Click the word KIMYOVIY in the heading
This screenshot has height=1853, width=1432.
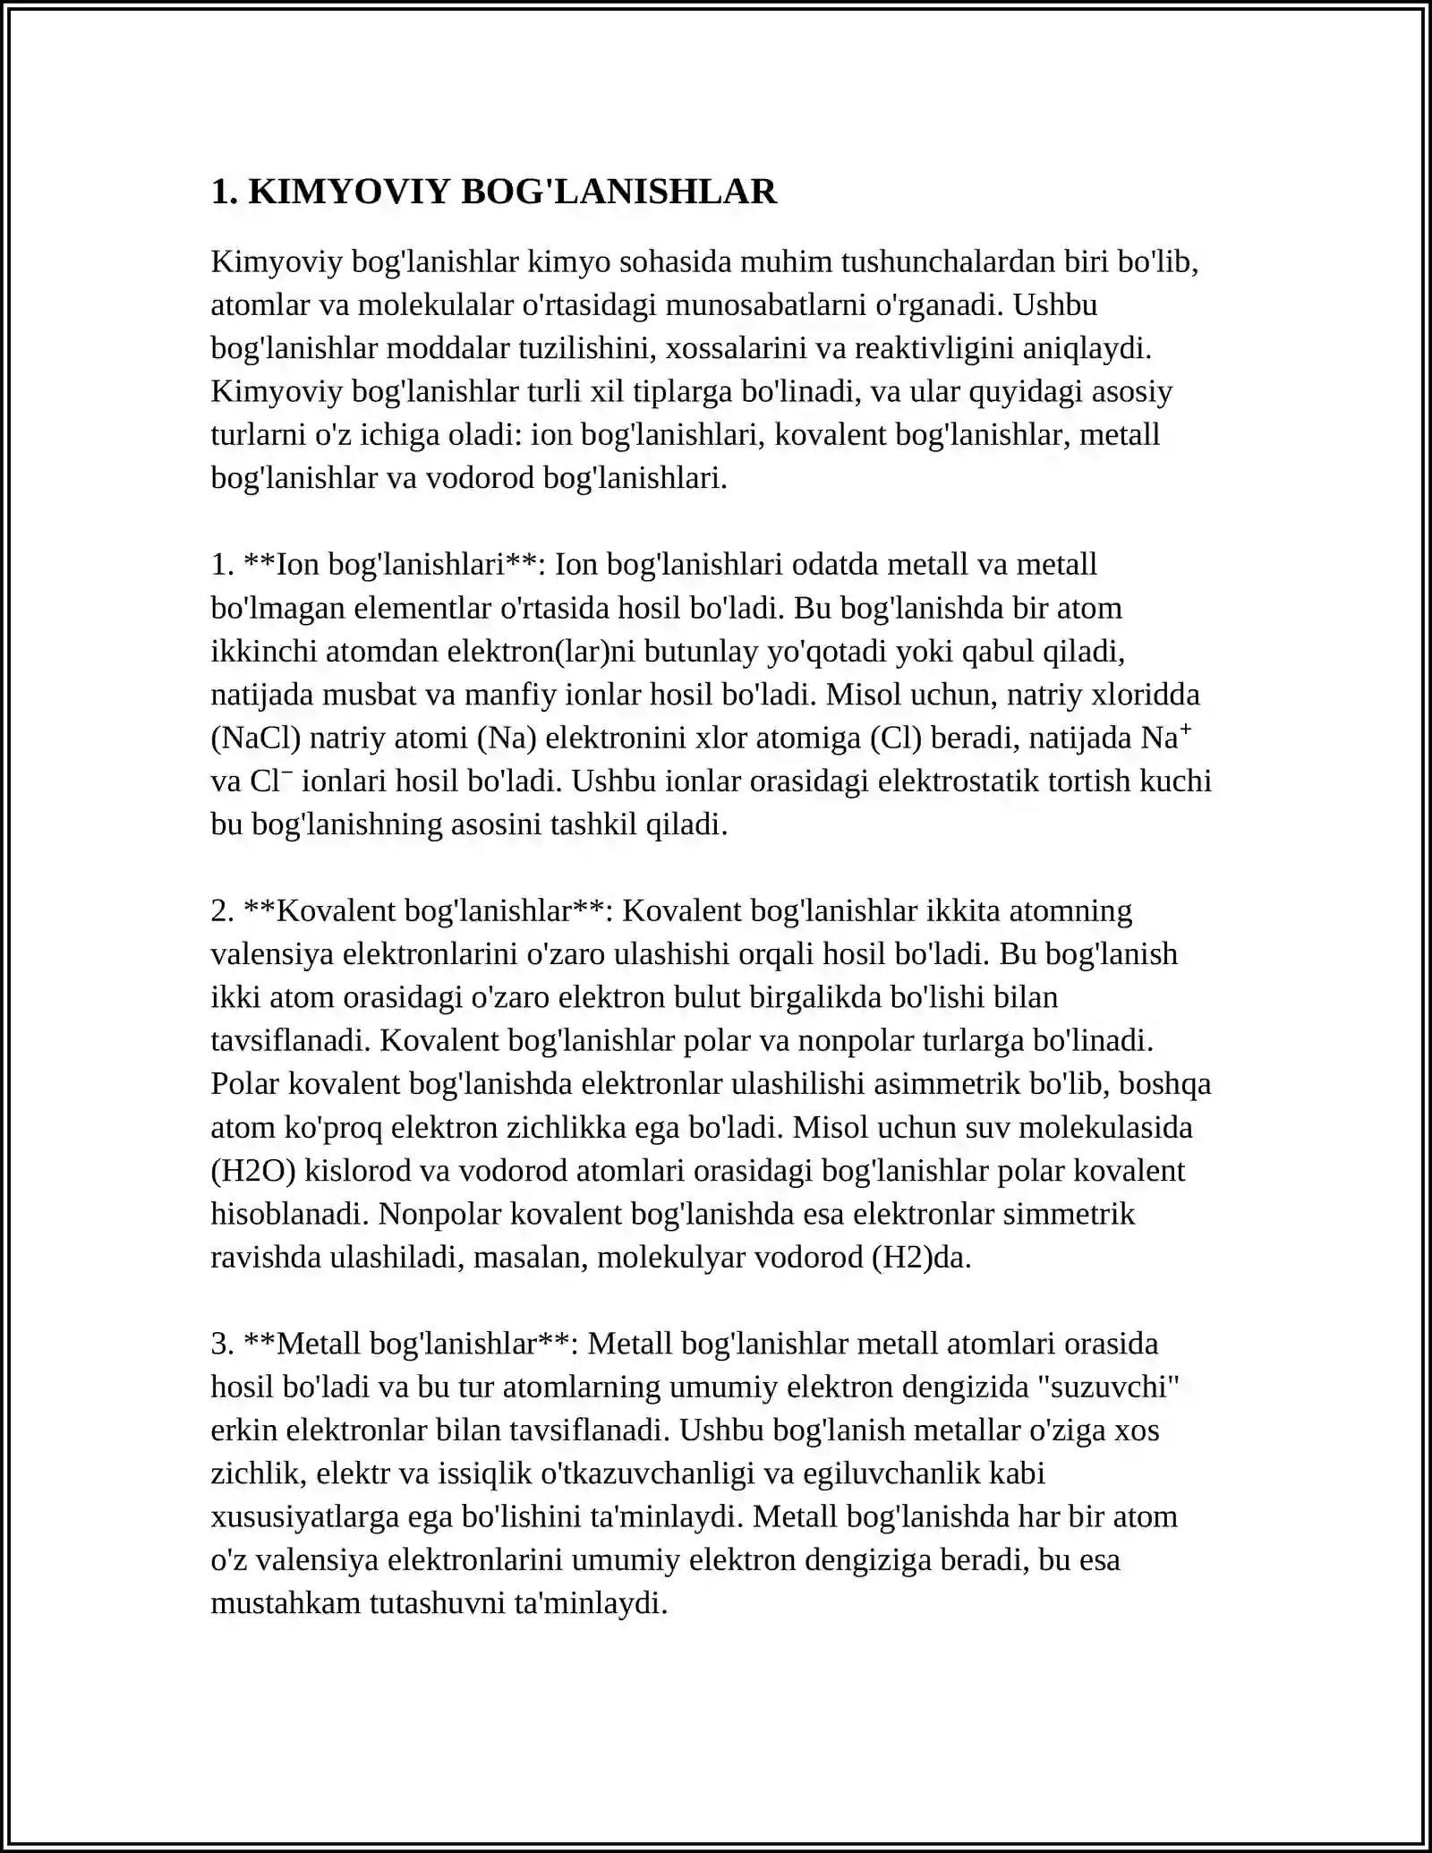(x=349, y=192)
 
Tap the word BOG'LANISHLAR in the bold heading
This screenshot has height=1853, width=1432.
(x=618, y=192)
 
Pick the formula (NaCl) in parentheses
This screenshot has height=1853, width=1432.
(x=256, y=738)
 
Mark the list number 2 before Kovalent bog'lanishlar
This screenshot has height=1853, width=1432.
(x=221, y=910)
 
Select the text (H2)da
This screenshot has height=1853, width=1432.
(x=921, y=1258)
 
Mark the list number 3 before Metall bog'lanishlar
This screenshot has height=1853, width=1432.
(x=221, y=1344)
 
